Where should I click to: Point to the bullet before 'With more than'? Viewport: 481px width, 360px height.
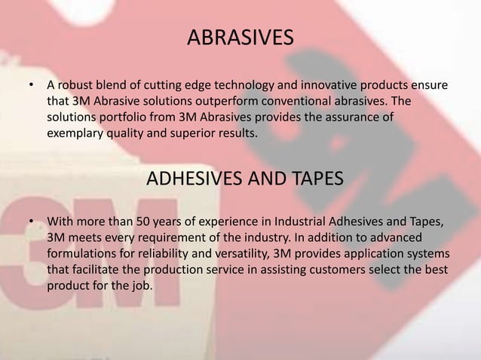32,222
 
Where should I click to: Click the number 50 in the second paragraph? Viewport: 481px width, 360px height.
143,222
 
